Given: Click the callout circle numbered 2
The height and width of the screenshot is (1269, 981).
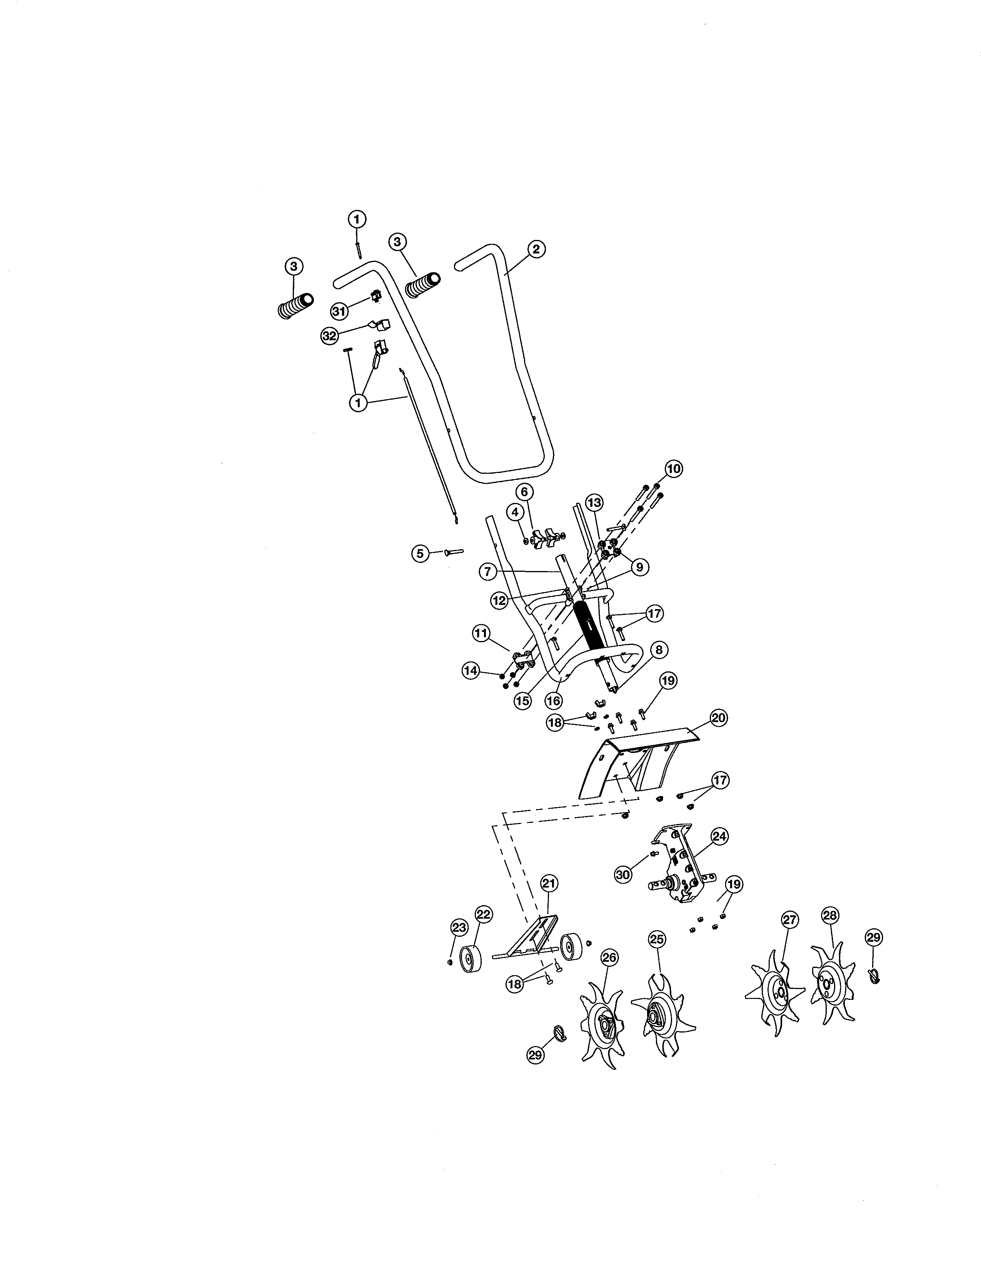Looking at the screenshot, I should [x=536, y=249].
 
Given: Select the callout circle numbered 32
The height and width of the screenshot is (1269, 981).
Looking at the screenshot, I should [x=330, y=336].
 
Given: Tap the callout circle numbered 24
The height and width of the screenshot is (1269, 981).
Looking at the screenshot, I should [x=719, y=837].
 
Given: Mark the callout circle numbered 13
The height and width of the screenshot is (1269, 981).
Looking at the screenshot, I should [x=594, y=502].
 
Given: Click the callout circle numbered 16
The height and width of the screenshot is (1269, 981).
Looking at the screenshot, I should [x=553, y=701].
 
